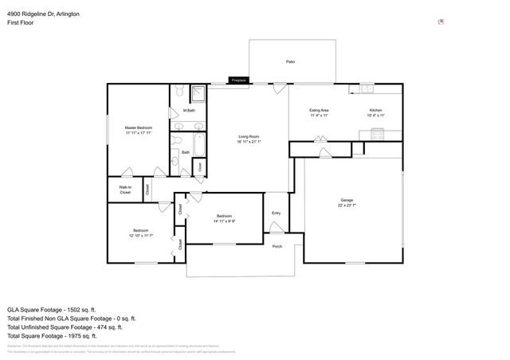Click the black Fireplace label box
click(x=238, y=80)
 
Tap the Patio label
click(x=291, y=61)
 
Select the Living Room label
click(x=249, y=137)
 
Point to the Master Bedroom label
click(x=138, y=127)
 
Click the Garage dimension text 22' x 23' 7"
click(x=346, y=205)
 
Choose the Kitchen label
click(x=375, y=110)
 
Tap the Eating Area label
click(x=320, y=110)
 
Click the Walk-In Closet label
click(x=125, y=190)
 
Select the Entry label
click(x=277, y=213)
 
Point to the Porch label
click(x=277, y=246)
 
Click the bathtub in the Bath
click(x=199, y=147)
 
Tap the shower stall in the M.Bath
click(x=200, y=96)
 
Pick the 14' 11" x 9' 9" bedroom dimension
click(x=224, y=221)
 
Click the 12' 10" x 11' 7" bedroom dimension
click(x=140, y=236)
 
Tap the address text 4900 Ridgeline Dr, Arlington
click(x=43, y=14)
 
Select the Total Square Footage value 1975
click(x=82, y=336)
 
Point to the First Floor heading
click(x=22, y=23)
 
